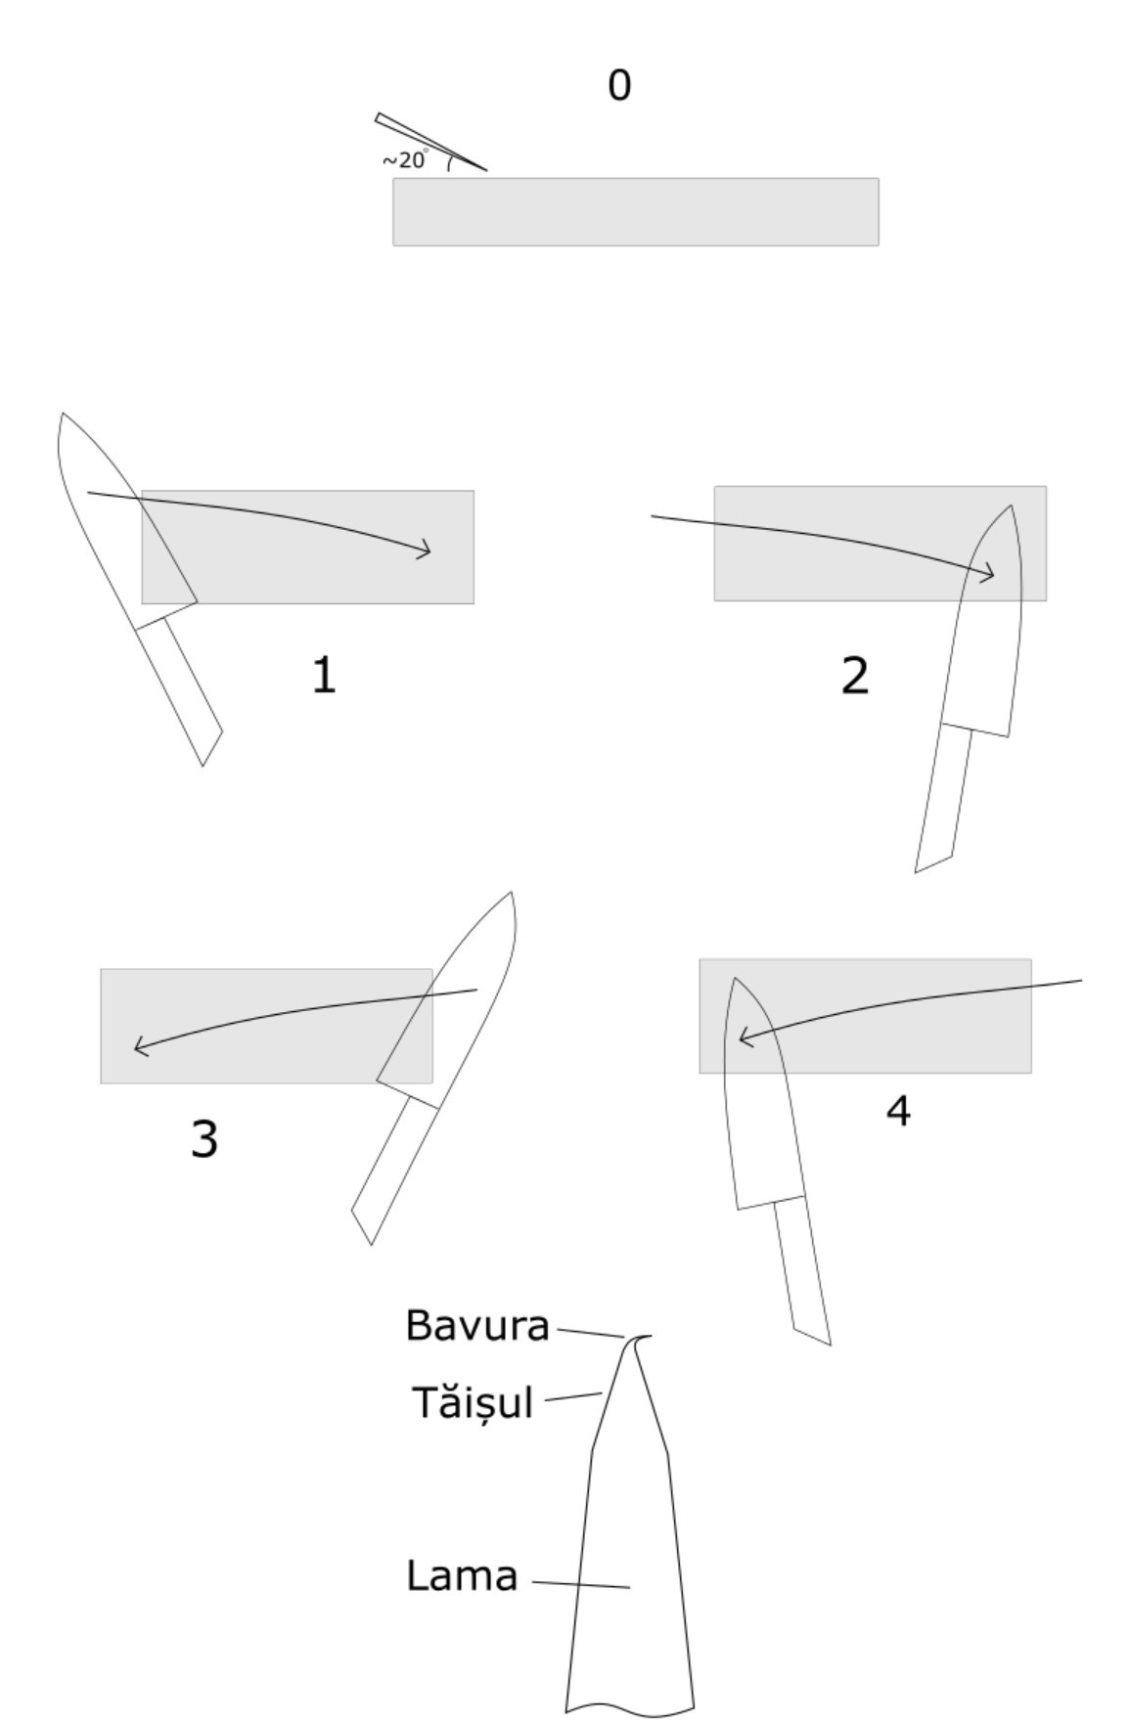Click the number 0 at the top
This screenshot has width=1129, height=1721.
(619, 85)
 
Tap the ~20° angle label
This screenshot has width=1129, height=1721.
(405, 159)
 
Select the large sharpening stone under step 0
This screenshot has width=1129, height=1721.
(636, 211)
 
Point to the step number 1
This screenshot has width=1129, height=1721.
(324, 676)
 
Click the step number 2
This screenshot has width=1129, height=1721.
(854, 677)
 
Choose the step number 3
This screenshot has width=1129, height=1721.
(203, 1139)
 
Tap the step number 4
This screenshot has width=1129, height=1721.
(898, 1111)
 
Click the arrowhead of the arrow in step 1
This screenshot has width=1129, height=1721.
(423, 550)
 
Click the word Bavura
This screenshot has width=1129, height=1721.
(477, 1326)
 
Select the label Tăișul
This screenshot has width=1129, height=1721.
(473, 1402)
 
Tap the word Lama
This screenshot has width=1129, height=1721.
(462, 1576)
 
